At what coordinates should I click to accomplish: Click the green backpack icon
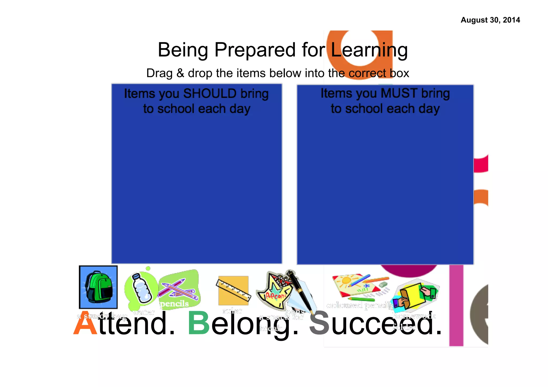pyautogui.click(x=98, y=287)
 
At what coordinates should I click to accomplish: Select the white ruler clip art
pyautogui.click(x=233, y=290)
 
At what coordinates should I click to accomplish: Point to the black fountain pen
pyautogui.click(x=300, y=290)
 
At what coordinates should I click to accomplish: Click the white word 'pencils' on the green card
pyautogui.click(x=174, y=304)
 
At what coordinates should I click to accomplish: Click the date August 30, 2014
pyautogui.click(x=490, y=20)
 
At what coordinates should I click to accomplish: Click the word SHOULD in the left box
pyautogui.click(x=210, y=94)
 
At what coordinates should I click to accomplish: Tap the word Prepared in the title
pyautogui.click(x=255, y=50)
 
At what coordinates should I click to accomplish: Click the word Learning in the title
pyautogui.click(x=369, y=50)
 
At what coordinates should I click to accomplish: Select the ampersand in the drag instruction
pyautogui.click(x=180, y=73)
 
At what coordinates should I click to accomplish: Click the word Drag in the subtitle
pyautogui.click(x=159, y=73)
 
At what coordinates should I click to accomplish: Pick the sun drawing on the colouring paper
pyautogui.click(x=346, y=281)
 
